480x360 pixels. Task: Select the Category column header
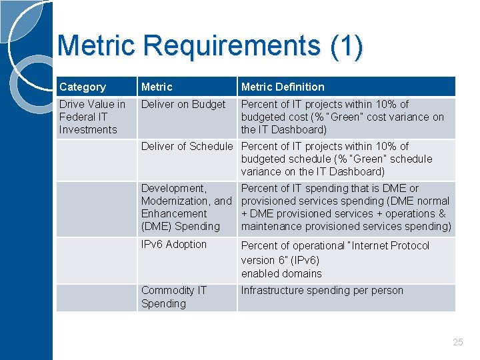click(x=82, y=87)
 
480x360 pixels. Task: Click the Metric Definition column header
click(x=283, y=87)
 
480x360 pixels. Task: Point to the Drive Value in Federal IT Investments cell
click(x=92, y=117)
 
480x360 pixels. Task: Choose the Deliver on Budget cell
click(x=183, y=104)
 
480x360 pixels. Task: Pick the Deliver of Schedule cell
click(x=187, y=146)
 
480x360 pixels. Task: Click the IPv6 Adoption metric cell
click(x=174, y=244)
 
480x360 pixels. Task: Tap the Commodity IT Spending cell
click(x=174, y=297)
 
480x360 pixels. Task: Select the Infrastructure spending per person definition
click(x=322, y=290)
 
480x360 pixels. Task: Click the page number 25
click(x=457, y=342)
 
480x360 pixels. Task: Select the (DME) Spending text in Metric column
click(x=180, y=226)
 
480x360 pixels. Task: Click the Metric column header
click(x=157, y=87)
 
